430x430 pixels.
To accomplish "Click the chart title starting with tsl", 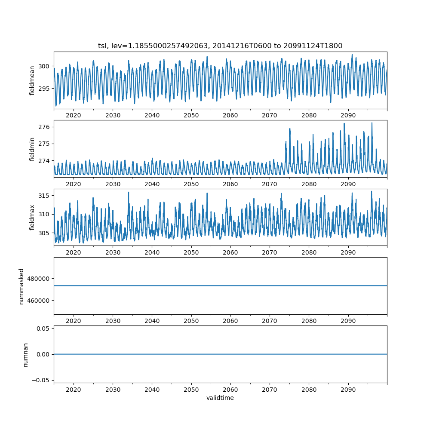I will pyautogui.click(x=220, y=46).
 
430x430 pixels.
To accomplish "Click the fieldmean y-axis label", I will pyautogui.click(x=32, y=80).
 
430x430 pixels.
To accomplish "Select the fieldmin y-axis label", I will pyautogui.click(x=32, y=149).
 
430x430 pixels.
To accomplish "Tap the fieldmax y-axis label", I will pyautogui.click(x=32, y=218).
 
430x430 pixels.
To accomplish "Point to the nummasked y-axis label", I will pyautogui.click(x=21, y=286).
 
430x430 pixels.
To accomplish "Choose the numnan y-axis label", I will pyautogui.click(x=25, y=354).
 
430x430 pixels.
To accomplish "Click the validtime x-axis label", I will pyautogui.click(x=220, y=398).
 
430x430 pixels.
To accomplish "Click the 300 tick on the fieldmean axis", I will pyautogui.click(x=44, y=66).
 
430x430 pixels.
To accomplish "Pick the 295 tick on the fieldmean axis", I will pyautogui.click(x=44, y=89).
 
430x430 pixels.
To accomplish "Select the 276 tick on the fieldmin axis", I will pyautogui.click(x=44, y=127).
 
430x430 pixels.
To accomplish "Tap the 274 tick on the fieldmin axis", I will pyautogui.click(x=44, y=161).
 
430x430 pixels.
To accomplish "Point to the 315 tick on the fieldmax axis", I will pyautogui.click(x=44, y=196).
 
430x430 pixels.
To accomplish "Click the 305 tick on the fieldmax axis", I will pyautogui.click(x=44, y=233).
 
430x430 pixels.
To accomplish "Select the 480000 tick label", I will pyautogui.click(x=40, y=278).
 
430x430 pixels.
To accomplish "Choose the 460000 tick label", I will pyautogui.click(x=40, y=300).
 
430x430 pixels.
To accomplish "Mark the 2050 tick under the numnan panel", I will pyautogui.click(x=191, y=390).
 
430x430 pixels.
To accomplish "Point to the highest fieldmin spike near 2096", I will pyautogui.click(x=372, y=123).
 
